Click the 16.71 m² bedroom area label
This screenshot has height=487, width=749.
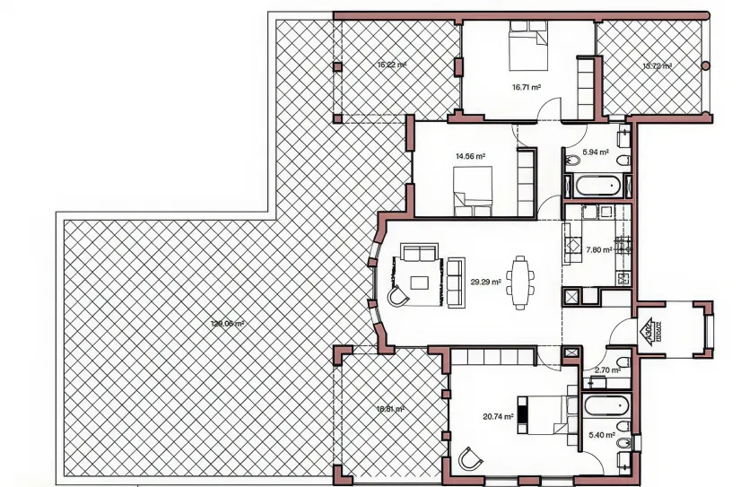526,88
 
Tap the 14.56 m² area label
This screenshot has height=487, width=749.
470,156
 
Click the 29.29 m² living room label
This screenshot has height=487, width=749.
485,281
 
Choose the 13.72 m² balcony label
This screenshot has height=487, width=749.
657,65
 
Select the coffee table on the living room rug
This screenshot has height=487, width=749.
420,283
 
